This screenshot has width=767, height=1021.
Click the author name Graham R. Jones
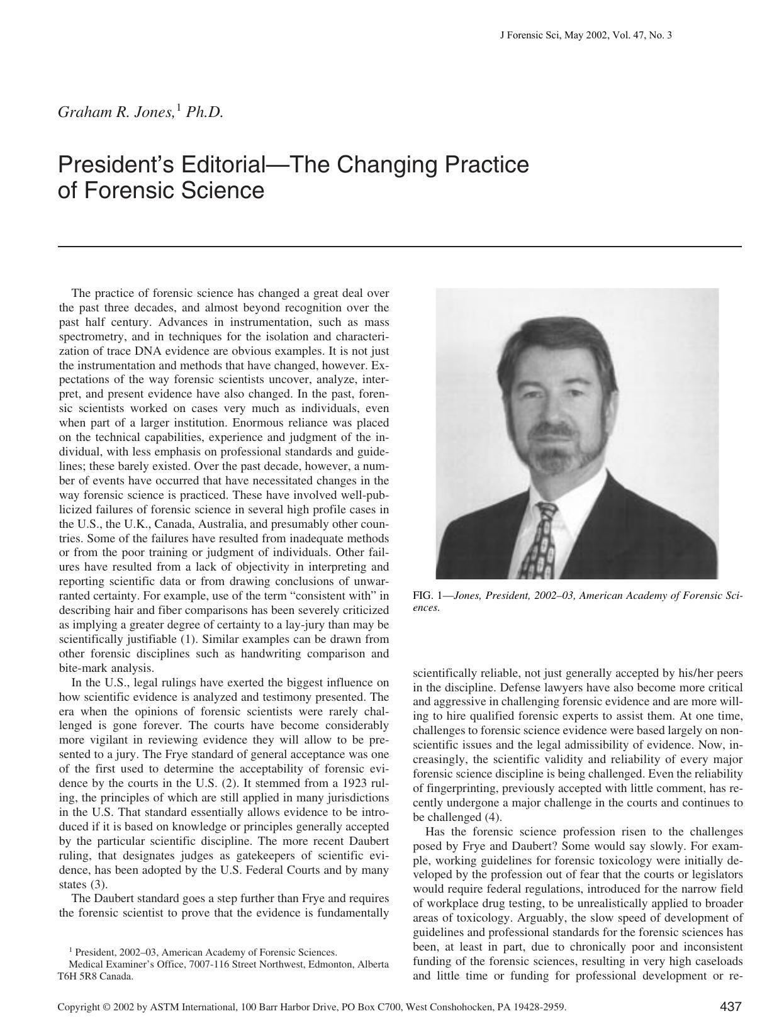116,113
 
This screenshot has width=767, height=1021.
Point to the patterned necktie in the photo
542,540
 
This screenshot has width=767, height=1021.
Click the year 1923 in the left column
345,783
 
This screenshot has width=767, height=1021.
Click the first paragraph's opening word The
81,293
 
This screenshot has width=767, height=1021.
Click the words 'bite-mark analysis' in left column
106,668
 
